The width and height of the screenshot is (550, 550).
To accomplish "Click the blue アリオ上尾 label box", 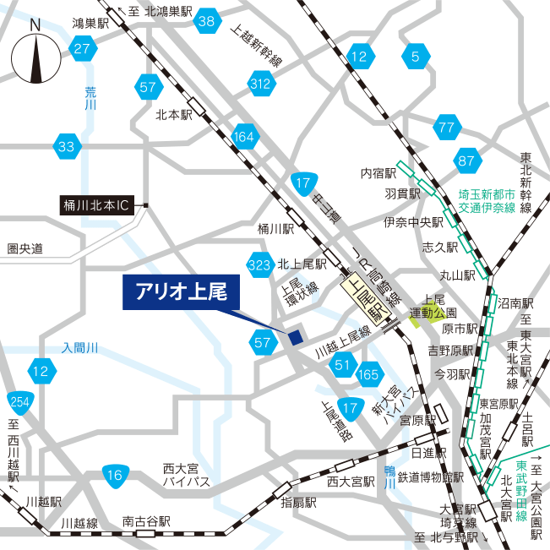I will (181, 292).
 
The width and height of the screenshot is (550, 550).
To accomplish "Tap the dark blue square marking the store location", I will (294, 337).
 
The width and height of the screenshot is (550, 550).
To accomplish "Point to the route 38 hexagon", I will (207, 22).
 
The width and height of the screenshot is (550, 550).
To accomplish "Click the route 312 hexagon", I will (261, 83).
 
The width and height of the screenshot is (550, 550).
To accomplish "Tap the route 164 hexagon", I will (243, 137).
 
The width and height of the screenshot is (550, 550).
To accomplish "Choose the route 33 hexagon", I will (66, 147).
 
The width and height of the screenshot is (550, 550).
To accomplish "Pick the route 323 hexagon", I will (260, 264).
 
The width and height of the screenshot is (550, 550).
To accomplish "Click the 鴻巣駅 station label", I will (91, 25).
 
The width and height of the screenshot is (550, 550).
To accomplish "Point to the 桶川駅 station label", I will (275, 228).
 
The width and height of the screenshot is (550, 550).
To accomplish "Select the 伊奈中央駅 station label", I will (413, 223).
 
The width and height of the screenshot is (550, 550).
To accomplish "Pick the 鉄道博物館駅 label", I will (431, 477).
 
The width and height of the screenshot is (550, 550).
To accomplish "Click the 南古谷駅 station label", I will (146, 522).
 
